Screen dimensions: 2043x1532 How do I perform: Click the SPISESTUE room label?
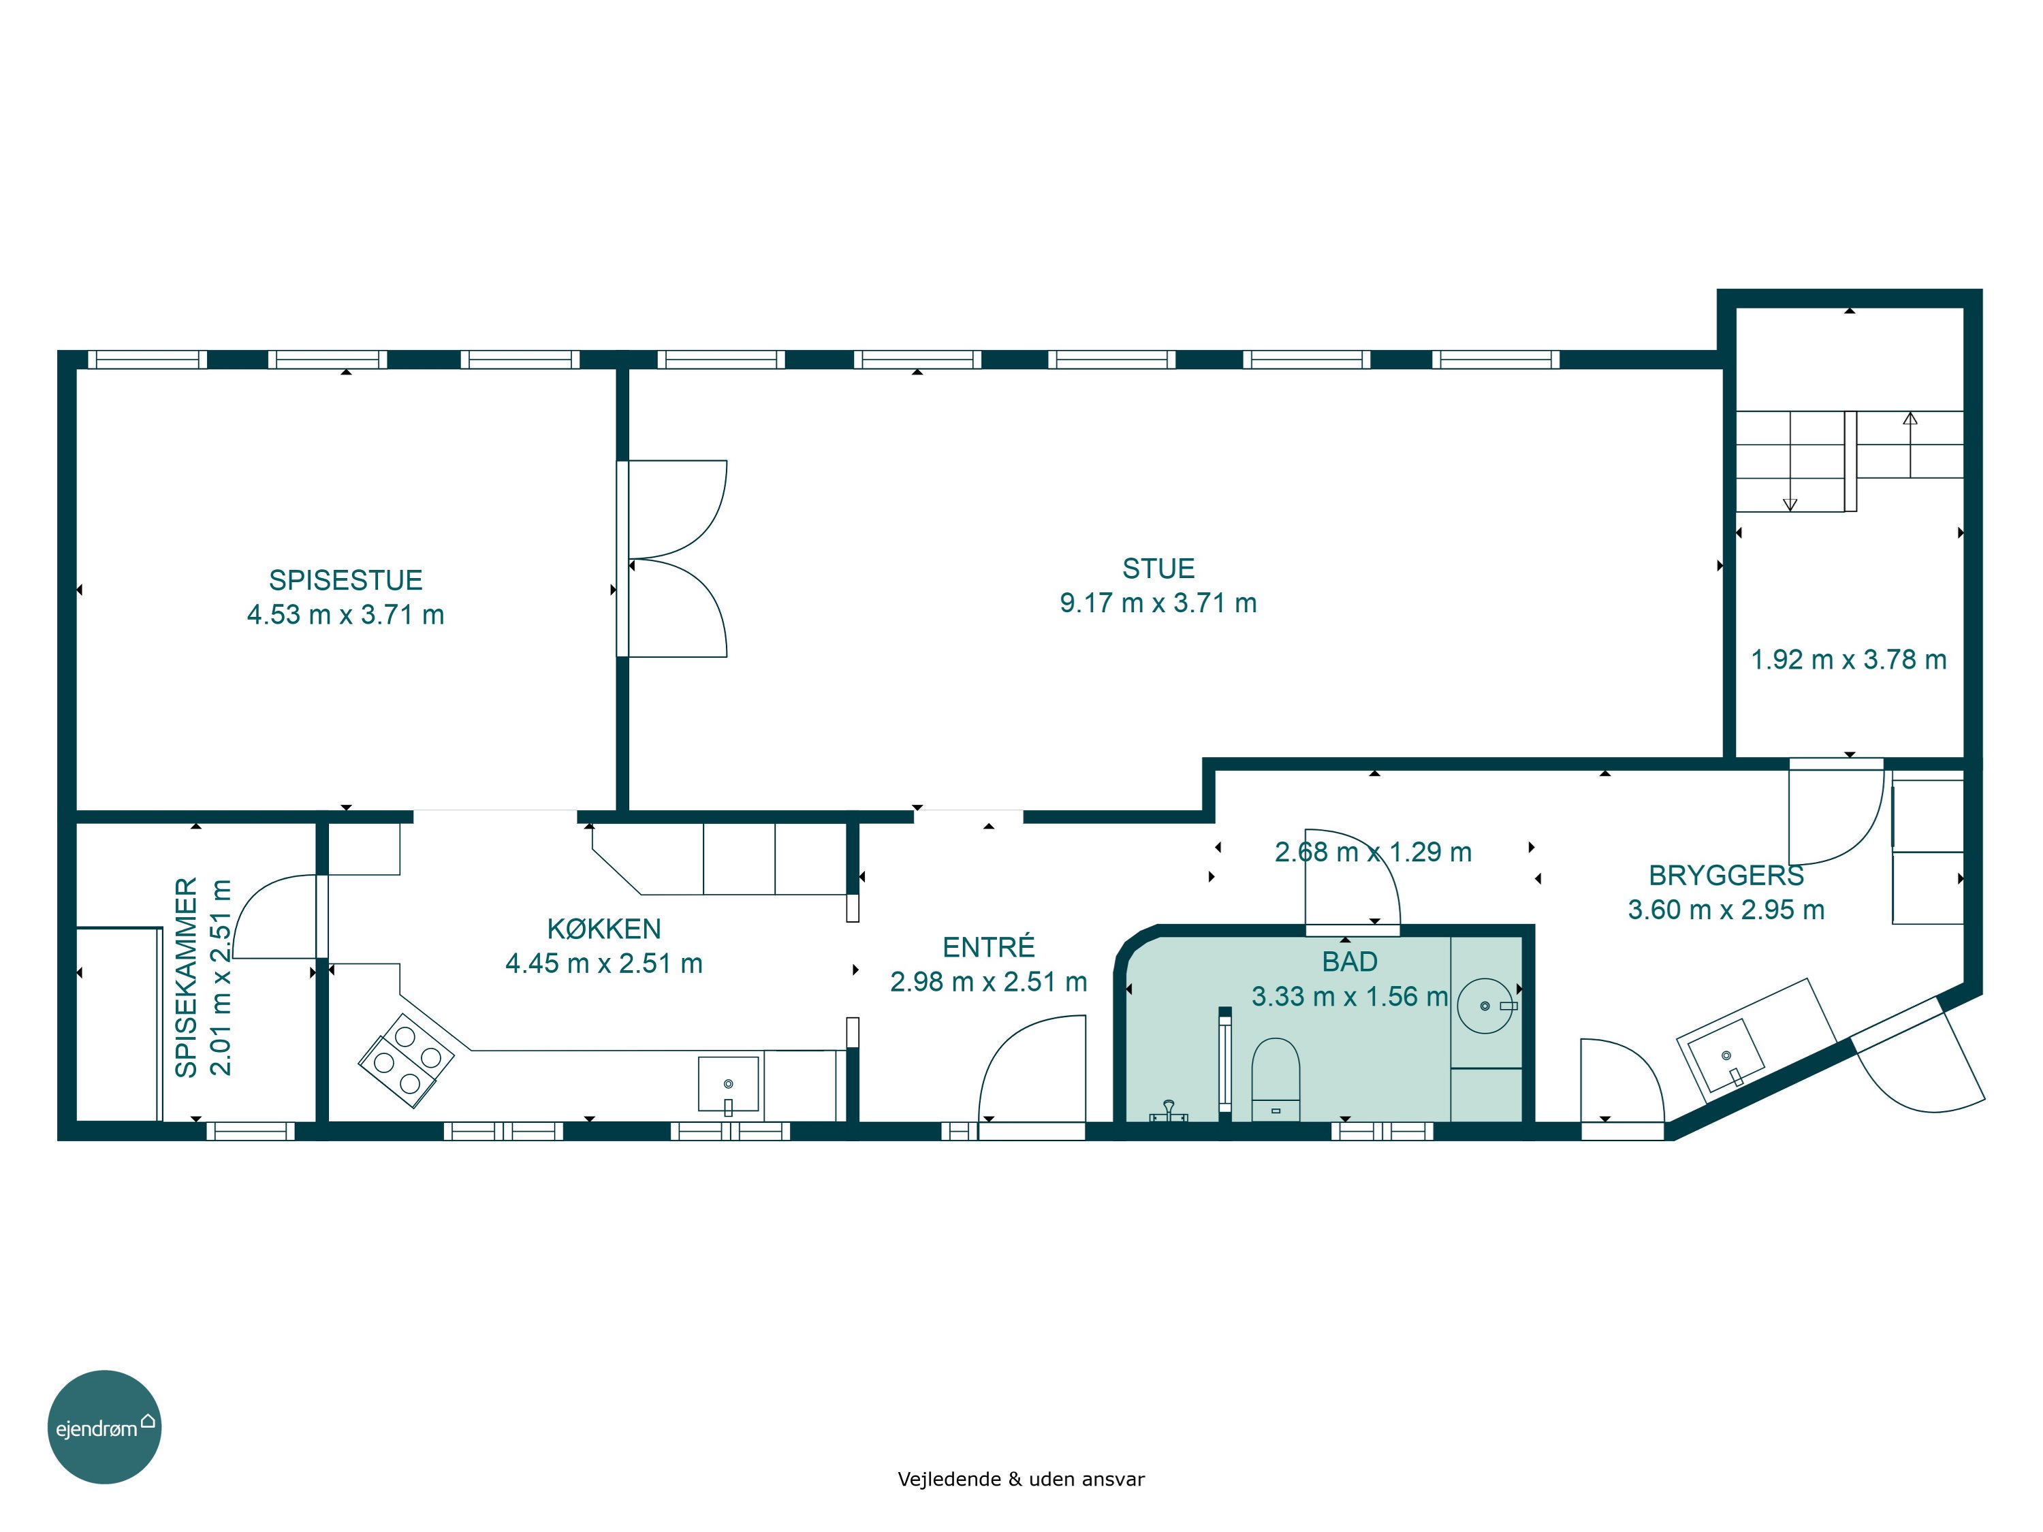pos(345,580)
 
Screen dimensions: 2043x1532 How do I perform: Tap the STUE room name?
pos(1158,568)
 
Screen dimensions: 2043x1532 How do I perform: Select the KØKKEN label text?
pos(604,928)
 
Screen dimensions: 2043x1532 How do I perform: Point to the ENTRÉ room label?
pos(988,946)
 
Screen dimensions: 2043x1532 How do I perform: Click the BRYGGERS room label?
pos(1725,874)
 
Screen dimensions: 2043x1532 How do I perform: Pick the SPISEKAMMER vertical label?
pos(187,977)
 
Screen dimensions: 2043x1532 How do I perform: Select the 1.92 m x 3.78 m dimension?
pos(1849,659)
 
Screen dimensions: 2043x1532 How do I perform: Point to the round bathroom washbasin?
pos(1485,1006)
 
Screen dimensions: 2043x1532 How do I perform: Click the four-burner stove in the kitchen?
pos(407,1060)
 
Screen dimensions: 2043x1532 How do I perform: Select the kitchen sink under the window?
pos(728,1084)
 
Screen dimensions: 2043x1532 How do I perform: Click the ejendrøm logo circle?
pos(104,1426)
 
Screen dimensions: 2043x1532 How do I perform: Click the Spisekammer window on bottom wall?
pos(251,1131)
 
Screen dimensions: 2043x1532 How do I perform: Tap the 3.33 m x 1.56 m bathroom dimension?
pos(1349,996)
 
